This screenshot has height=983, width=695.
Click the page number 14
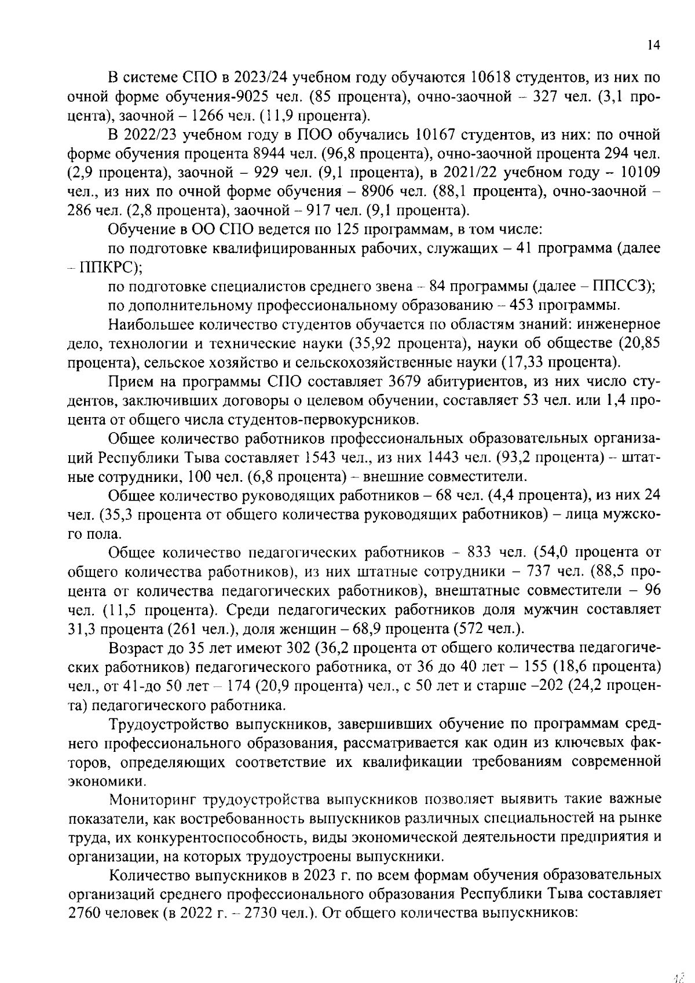(x=653, y=46)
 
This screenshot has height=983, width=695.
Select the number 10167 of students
(x=437, y=135)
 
